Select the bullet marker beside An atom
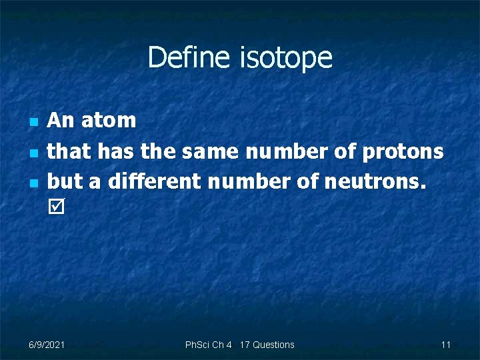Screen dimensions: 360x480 click(33, 123)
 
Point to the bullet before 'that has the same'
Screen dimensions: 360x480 click(33, 153)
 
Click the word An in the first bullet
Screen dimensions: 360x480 click(61, 121)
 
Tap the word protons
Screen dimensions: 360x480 click(403, 152)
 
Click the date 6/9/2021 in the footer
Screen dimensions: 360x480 click(47, 345)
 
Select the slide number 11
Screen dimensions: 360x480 click(446, 345)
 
